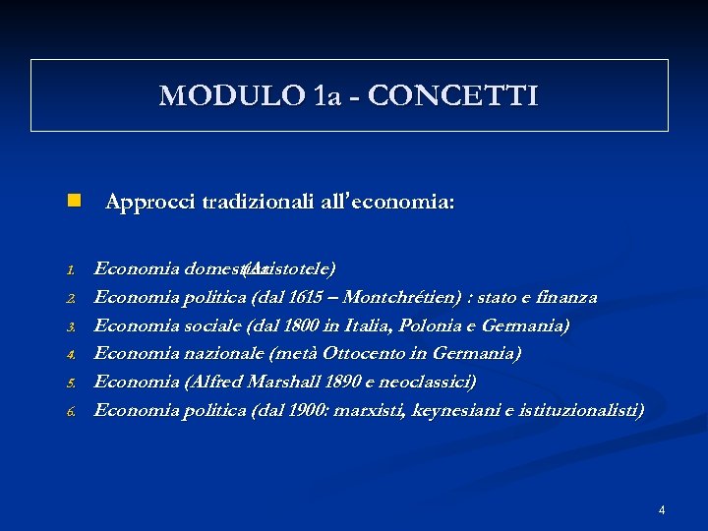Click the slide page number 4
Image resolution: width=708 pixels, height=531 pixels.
662,509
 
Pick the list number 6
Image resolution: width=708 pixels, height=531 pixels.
72,411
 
